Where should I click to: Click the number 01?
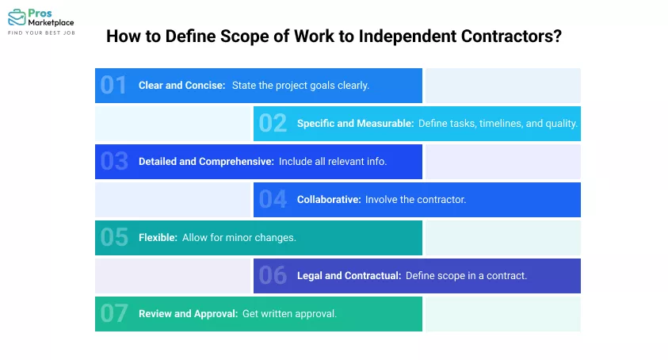click(113, 85)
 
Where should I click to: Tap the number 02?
click(273, 123)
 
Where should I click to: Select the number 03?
click(113, 161)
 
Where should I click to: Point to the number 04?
click(273, 199)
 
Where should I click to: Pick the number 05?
click(113, 237)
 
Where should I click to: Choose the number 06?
click(273, 275)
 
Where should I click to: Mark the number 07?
click(113, 313)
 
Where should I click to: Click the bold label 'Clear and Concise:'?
click(181, 85)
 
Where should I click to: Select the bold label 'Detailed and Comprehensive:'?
click(206, 161)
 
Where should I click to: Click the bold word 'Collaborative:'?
click(327, 199)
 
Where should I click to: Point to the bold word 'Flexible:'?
click(157, 237)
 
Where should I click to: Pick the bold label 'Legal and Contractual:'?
click(348, 275)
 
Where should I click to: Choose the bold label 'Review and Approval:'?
click(188, 313)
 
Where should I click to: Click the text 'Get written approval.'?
click(290, 313)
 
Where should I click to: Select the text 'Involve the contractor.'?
click(415, 199)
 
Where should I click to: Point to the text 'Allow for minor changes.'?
click(239, 237)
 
